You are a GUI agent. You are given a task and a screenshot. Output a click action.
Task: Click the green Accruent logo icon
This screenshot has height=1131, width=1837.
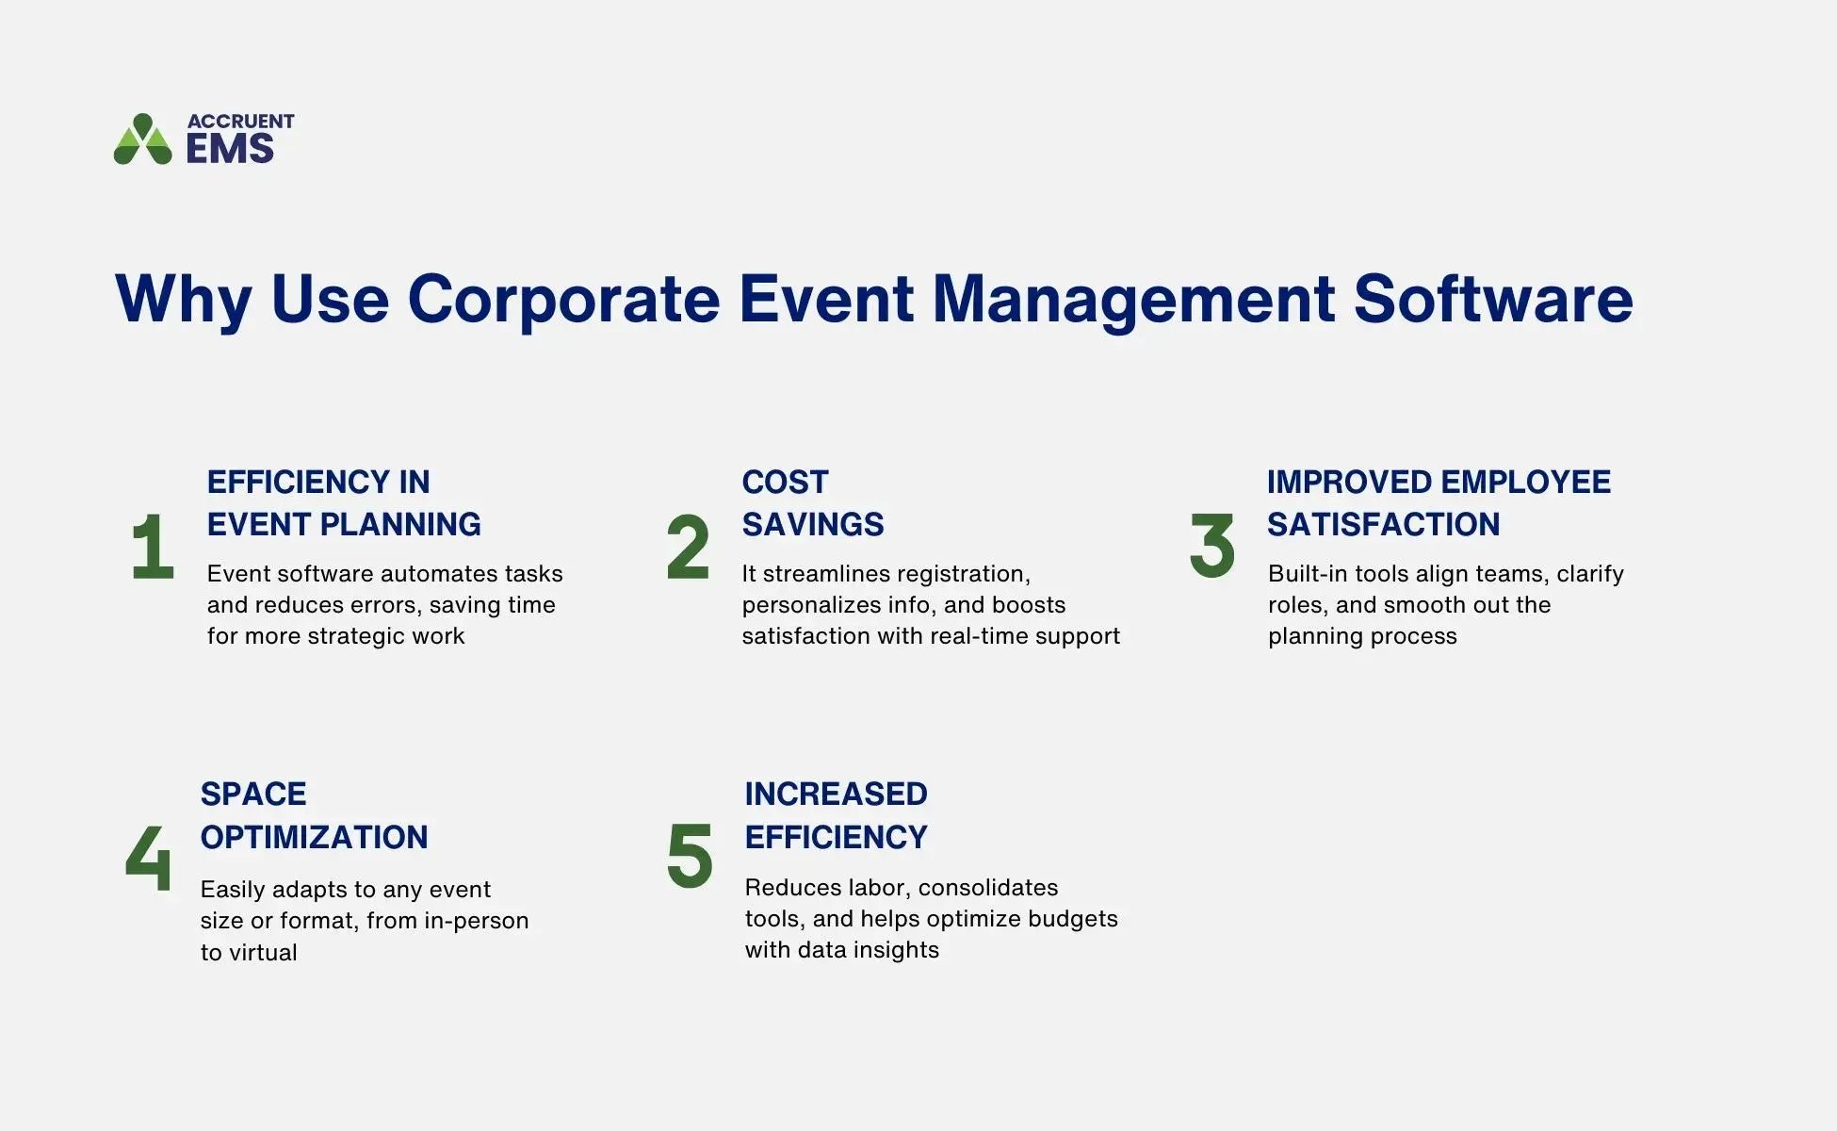[x=142, y=139]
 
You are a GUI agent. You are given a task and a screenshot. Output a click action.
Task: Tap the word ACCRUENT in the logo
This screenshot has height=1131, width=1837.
[x=240, y=122]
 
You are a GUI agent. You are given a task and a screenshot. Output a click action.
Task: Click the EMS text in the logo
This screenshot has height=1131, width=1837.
[x=230, y=149]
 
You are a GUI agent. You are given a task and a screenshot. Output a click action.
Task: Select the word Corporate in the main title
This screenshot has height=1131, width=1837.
[x=563, y=300]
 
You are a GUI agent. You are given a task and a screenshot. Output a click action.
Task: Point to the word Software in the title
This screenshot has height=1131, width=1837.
[x=1493, y=300]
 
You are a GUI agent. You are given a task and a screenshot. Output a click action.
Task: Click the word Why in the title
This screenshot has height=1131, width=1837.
[x=183, y=300]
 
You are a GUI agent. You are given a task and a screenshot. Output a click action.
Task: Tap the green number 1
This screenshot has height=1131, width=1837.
[x=153, y=547]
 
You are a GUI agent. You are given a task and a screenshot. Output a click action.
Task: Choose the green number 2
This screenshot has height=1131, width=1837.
[x=688, y=547]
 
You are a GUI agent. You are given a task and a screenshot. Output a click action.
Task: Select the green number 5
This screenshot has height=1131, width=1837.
[x=690, y=856]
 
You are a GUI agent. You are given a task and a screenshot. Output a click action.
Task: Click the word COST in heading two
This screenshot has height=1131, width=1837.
[x=785, y=483]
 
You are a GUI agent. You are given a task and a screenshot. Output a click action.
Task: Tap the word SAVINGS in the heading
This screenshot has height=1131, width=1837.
[x=813, y=525]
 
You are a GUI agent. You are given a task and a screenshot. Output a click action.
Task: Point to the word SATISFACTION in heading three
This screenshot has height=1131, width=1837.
[x=1383, y=525]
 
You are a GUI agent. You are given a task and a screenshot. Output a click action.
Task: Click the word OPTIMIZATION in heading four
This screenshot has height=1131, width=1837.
[x=314, y=837]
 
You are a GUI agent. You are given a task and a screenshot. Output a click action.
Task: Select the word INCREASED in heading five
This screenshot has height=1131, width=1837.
[x=836, y=795]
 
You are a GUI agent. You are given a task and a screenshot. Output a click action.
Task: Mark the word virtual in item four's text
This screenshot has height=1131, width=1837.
[x=261, y=953]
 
